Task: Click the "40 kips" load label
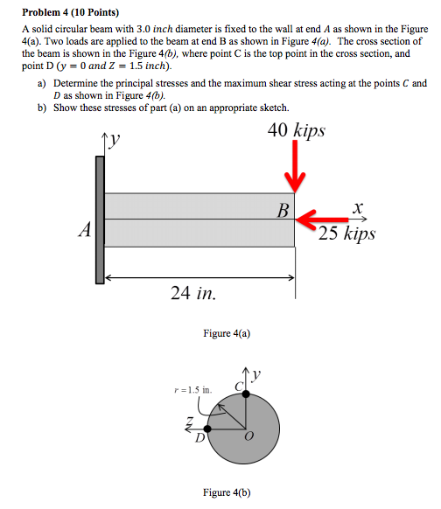point(297,130)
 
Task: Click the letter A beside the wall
point(84,230)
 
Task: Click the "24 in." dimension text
point(194,294)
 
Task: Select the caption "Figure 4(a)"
point(224,333)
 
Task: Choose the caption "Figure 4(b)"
point(227,492)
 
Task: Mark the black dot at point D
point(207,428)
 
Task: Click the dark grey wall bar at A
point(100,220)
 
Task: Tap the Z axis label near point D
point(188,423)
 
